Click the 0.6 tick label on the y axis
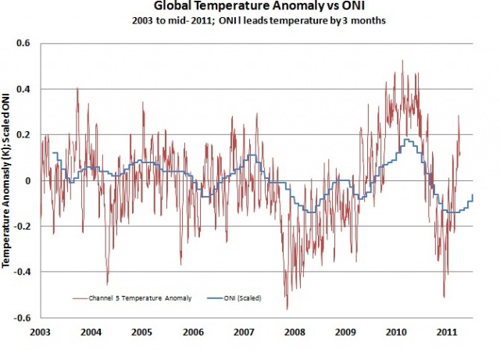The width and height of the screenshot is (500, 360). coord(23,44)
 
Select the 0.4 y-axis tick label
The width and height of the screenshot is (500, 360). coord(23,89)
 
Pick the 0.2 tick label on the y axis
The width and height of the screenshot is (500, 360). coord(23,135)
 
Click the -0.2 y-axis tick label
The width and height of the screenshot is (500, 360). coord(21,226)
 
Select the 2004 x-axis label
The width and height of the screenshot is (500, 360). coord(91,332)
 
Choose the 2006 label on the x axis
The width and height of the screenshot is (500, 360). coord(192,332)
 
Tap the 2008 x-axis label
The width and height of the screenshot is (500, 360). coord(294,332)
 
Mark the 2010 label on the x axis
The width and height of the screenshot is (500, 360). coord(395,332)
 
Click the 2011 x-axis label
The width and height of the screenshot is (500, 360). coord(446,332)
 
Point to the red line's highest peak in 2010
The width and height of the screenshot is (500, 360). coord(402,61)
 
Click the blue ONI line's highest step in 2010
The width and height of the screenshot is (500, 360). coord(406,141)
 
